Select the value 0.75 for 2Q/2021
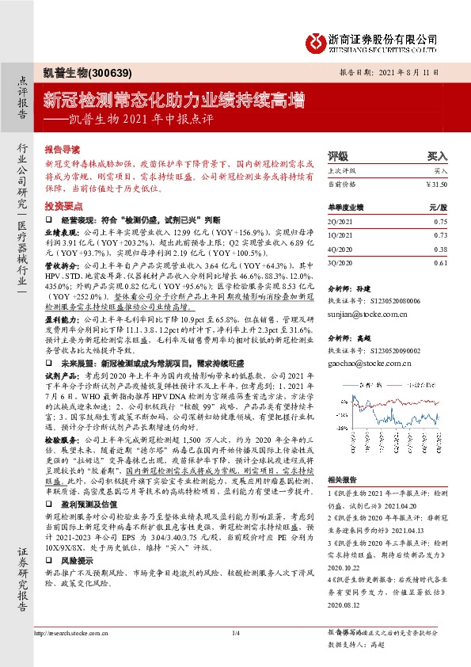(441, 223)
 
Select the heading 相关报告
(342, 479)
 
